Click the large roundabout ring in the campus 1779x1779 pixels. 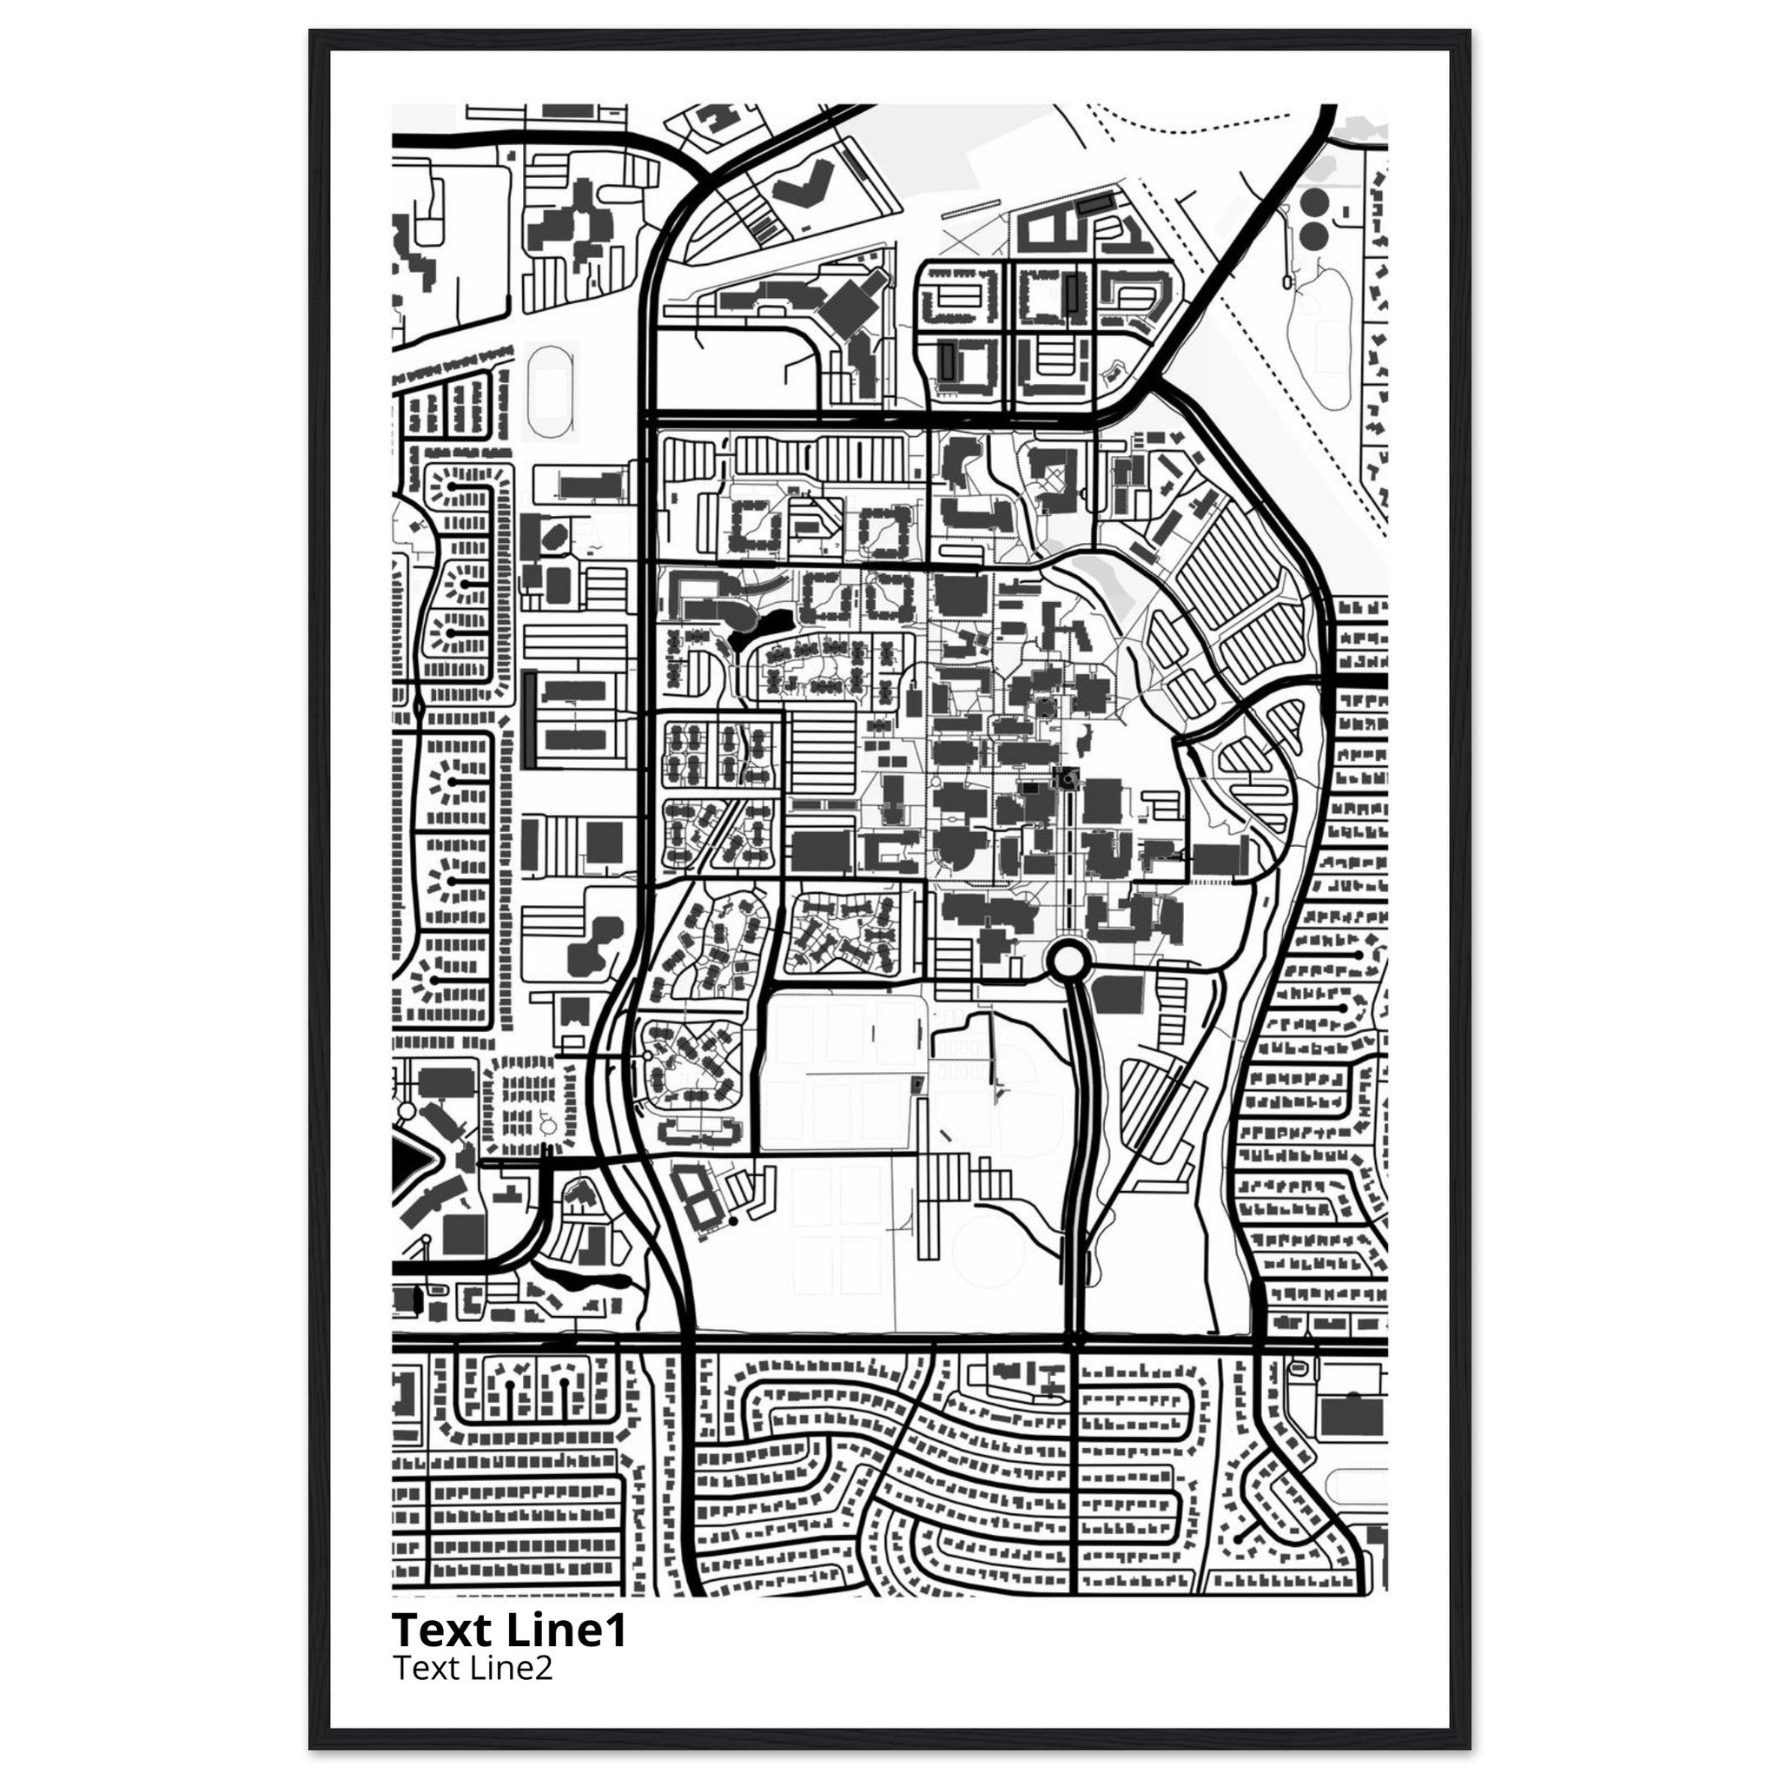pos(1069,962)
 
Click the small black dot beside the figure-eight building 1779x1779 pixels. pos(733,1221)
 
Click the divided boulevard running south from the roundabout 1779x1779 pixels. pos(1077,1151)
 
